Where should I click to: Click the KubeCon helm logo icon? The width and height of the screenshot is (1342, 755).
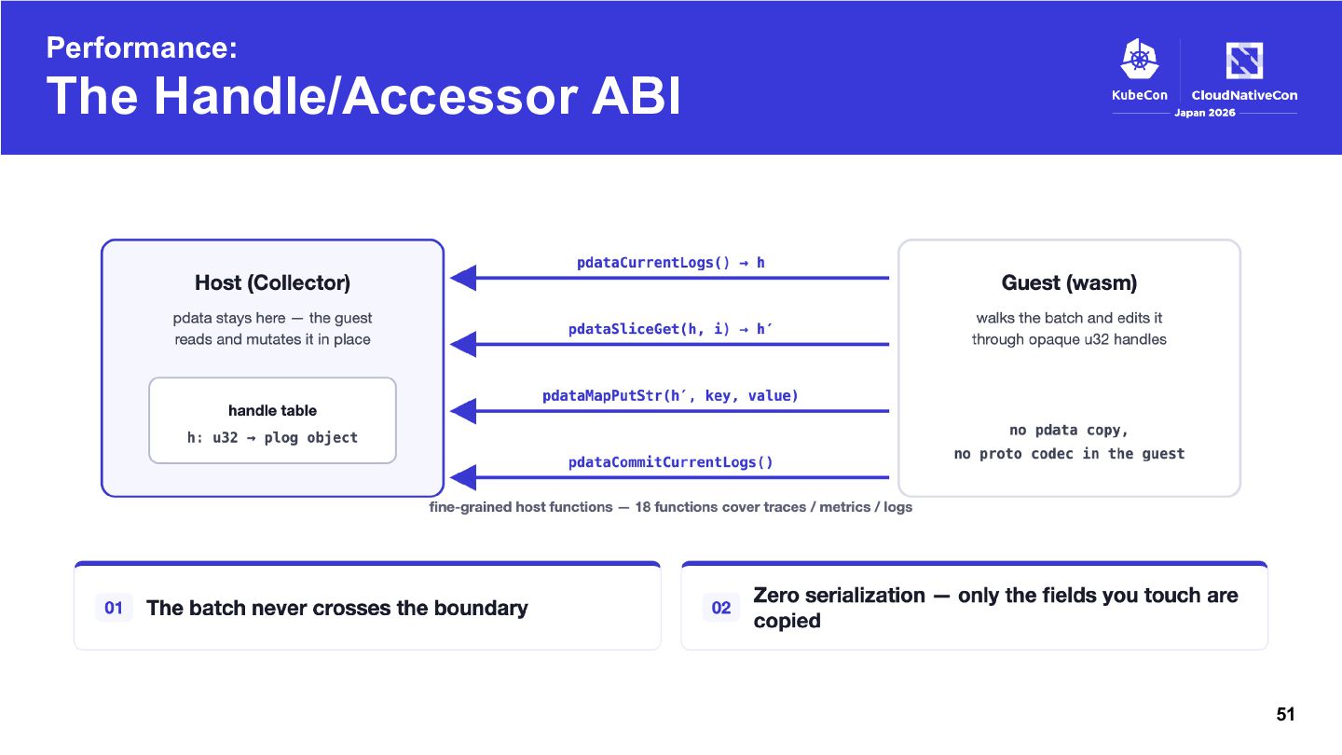pyautogui.click(x=1140, y=59)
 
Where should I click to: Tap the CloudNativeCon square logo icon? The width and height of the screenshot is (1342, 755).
pyautogui.click(x=1244, y=60)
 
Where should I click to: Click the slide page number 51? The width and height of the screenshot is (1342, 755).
pyautogui.click(x=1285, y=714)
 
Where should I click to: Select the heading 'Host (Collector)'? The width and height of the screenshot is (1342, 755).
pyautogui.click(x=272, y=282)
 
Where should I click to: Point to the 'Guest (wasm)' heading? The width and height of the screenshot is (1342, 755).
pyautogui.click(x=1070, y=282)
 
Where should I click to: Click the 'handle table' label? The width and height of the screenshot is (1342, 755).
pyautogui.click(x=272, y=410)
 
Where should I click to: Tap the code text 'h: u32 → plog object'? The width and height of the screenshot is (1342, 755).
pyautogui.click(x=272, y=437)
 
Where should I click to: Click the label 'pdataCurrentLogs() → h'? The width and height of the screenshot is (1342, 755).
pyautogui.click(x=670, y=263)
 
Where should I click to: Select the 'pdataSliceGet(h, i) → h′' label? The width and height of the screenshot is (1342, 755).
pyautogui.click(x=670, y=329)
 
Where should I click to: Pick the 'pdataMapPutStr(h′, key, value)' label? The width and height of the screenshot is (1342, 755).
pyautogui.click(x=670, y=395)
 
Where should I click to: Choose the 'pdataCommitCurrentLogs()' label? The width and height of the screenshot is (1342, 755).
pyautogui.click(x=670, y=462)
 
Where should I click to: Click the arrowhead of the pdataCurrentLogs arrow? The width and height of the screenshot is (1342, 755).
pyautogui.click(x=462, y=278)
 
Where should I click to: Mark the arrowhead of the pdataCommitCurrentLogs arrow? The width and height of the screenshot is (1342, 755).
pyautogui.click(x=462, y=477)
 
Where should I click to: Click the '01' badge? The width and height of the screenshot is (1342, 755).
pyautogui.click(x=114, y=608)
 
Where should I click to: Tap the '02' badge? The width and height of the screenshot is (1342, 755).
pyautogui.click(x=720, y=608)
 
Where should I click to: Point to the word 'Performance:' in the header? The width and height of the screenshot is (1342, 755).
pyautogui.click(x=142, y=48)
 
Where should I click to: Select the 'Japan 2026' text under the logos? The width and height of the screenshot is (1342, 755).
pyautogui.click(x=1205, y=113)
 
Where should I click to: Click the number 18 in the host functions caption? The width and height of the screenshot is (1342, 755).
pyautogui.click(x=642, y=507)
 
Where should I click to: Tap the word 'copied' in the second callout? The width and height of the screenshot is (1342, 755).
pyautogui.click(x=787, y=622)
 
